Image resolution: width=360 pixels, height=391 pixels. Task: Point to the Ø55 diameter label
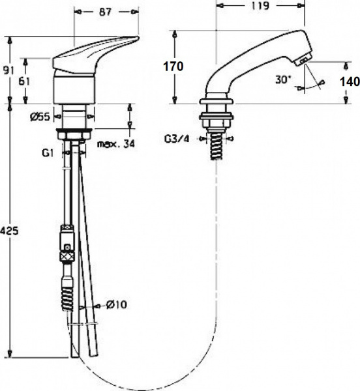(x=41, y=118)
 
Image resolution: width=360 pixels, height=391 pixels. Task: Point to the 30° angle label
(x=282, y=79)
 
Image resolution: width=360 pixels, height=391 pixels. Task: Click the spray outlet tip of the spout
(x=304, y=61)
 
